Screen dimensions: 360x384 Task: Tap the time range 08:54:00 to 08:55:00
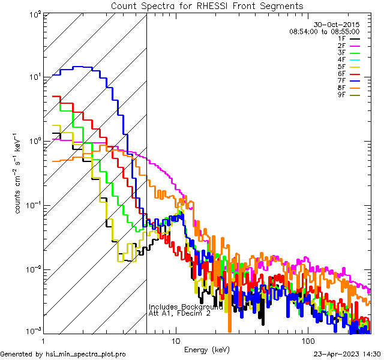click(x=324, y=31)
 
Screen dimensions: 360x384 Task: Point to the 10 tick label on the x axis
click(x=175, y=340)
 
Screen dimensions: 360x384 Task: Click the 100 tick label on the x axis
click(x=307, y=340)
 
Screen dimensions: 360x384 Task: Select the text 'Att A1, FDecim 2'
click(x=179, y=313)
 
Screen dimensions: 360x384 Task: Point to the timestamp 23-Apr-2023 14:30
click(x=347, y=354)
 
